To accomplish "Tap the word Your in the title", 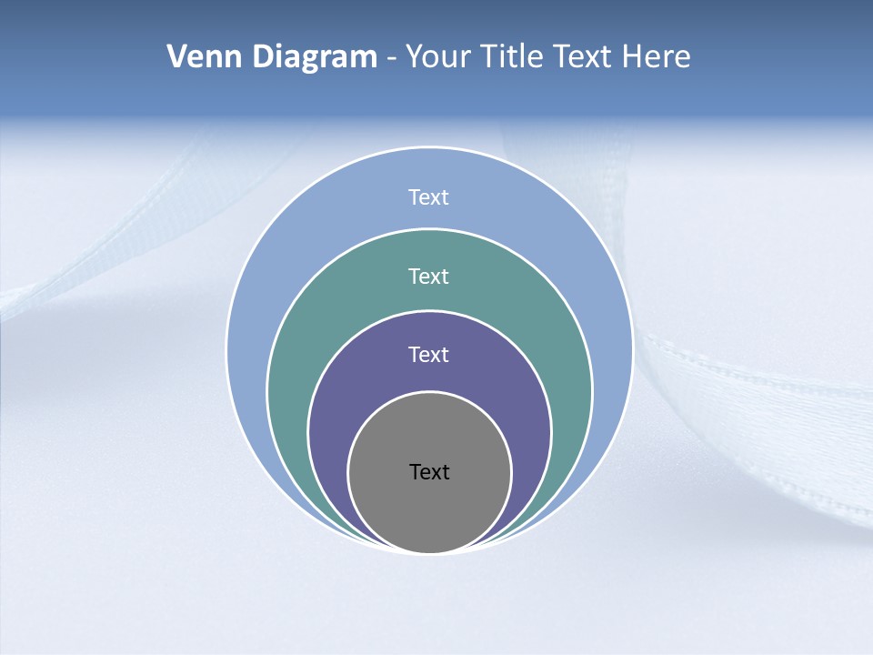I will click(436, 57).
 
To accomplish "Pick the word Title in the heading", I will click(511, 57).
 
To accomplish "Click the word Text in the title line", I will click(586, 57).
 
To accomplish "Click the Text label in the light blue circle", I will click(429, 197).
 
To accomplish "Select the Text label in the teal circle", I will click(429, 276).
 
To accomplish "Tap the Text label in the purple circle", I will click(429, 355).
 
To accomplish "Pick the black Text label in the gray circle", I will click(429, 472).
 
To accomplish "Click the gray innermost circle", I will click(429, 509).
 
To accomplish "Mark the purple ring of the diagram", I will click(336, 409).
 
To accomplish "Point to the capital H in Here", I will click(632, 57).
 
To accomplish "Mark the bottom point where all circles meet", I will click(429, 552).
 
